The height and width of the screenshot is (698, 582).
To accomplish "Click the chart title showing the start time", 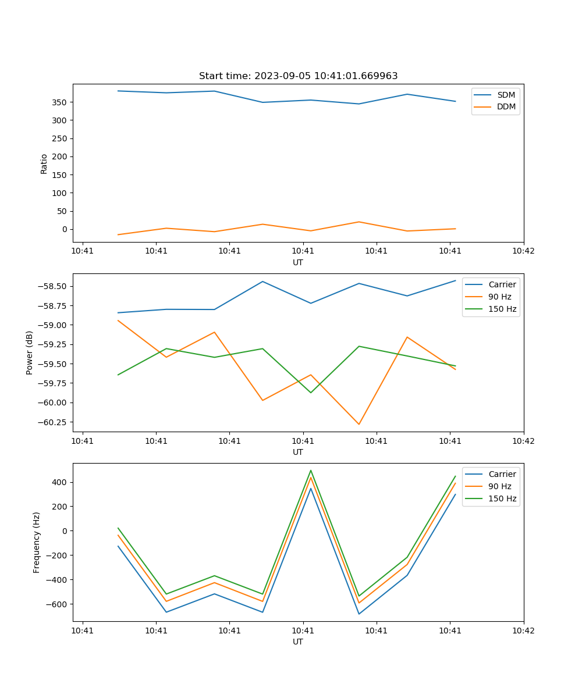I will point(298,76).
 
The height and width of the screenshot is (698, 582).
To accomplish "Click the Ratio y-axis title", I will point(44,163).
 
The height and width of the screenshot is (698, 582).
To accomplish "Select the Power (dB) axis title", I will point(30,352).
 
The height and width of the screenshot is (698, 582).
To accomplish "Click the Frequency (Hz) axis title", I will point(37,542).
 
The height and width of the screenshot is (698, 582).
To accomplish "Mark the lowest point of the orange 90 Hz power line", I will point(359,424).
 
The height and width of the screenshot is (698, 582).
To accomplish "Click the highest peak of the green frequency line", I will point(311,470).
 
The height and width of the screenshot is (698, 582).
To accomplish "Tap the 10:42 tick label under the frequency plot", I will point(523,630).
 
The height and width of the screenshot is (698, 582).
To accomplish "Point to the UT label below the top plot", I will point(298,262).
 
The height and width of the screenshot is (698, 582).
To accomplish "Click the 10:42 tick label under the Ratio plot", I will point(523,251).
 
